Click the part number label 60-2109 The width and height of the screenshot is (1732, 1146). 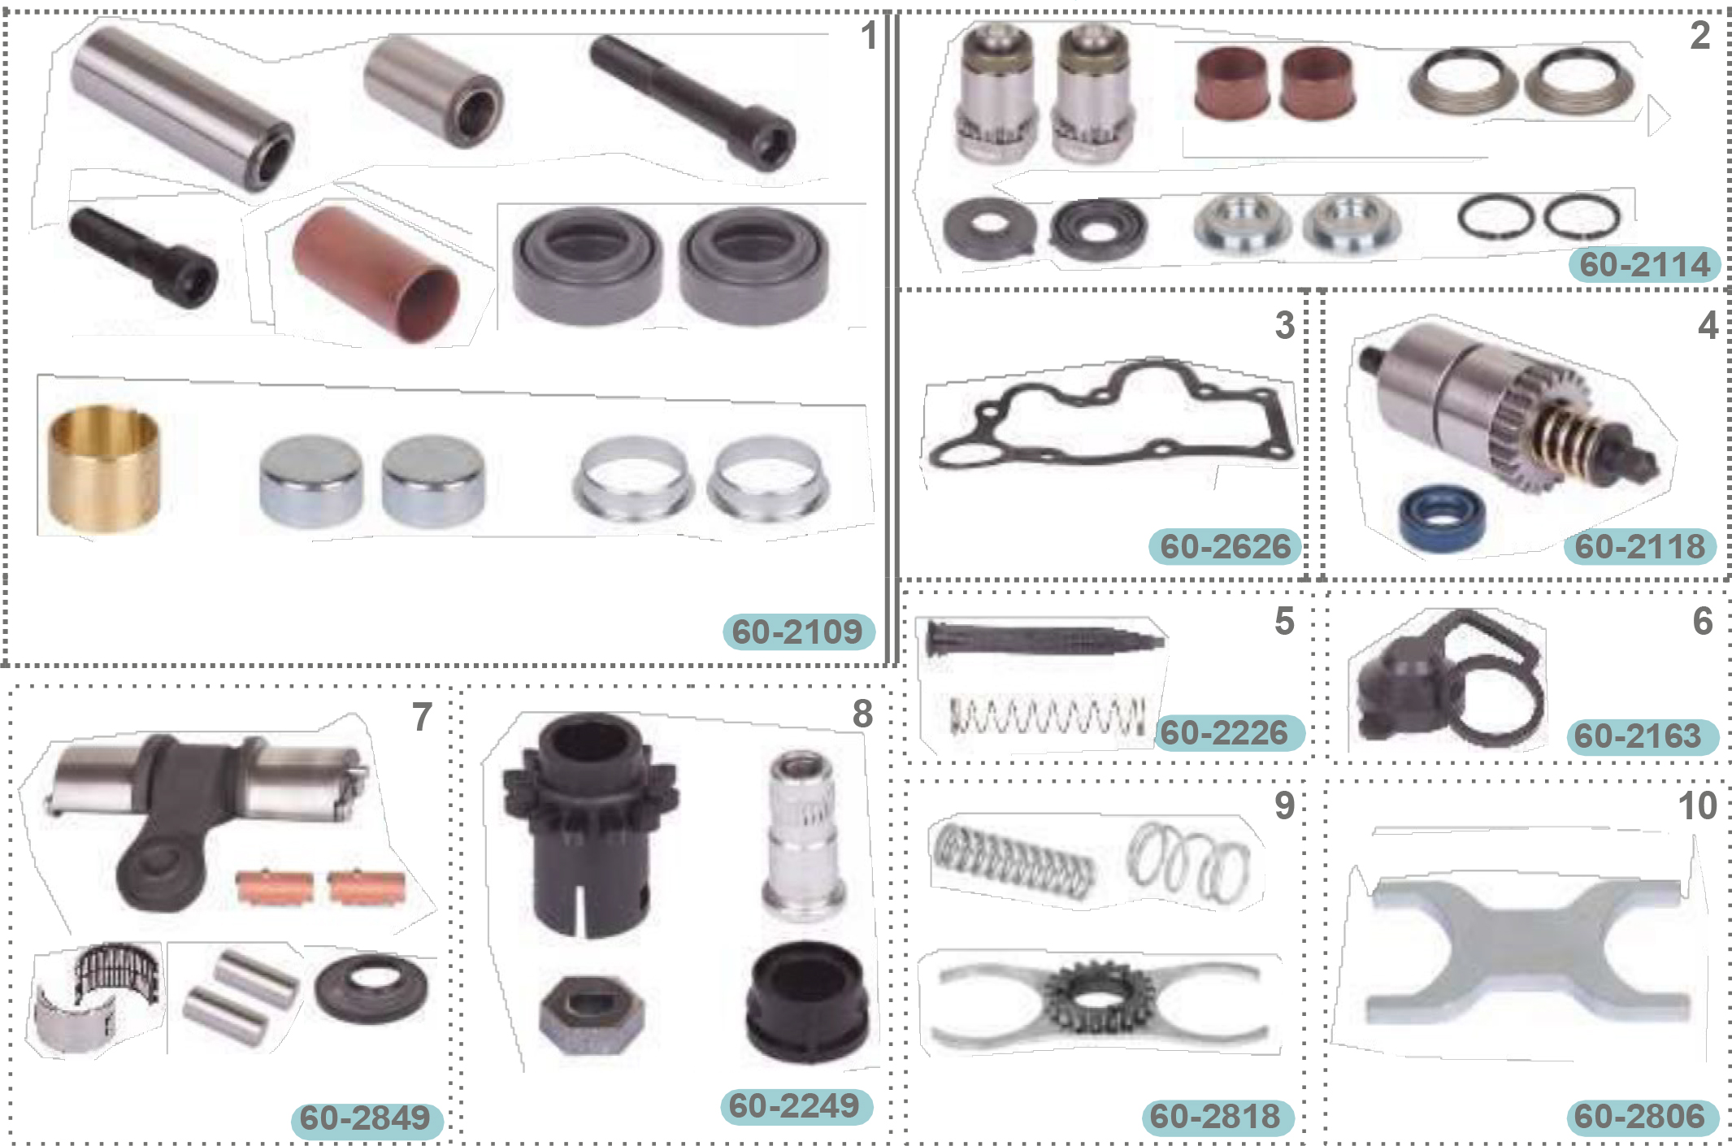797,632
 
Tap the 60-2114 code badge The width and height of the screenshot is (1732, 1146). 1644,264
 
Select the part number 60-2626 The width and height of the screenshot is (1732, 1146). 1225,546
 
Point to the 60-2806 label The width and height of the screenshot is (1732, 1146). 1641,1116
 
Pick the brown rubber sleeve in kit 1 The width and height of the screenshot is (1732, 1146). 376,273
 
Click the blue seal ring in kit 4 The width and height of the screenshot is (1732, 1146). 1443,517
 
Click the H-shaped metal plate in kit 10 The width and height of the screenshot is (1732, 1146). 1528,951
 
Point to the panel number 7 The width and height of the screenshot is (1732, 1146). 422,717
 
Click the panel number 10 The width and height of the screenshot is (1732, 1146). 1697,806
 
